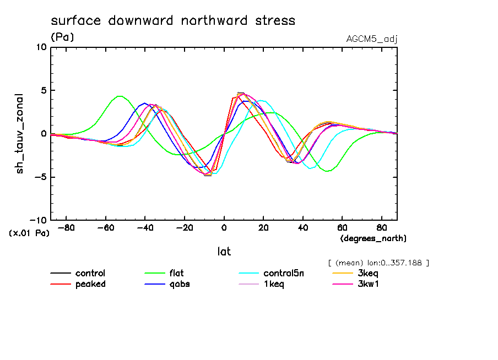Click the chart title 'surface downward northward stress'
point(173,21)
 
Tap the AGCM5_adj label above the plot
point(372,39)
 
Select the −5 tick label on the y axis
point(41,177)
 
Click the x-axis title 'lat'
point(224,252)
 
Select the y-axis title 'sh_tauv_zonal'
point(20,133)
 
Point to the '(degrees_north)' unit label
point(373,238)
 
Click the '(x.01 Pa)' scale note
point(29,233)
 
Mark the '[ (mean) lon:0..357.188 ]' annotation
point(378,263)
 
